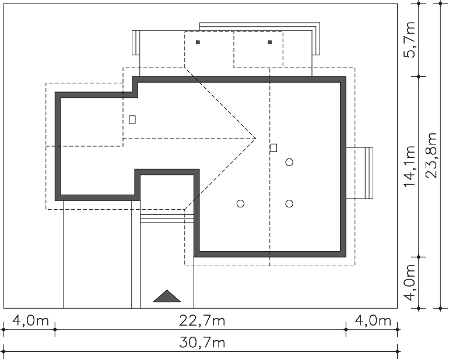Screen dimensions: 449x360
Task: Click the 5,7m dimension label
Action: pos(409,40)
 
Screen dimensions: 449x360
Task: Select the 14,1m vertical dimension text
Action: pos(409,166)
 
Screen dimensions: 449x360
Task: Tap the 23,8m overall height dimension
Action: pos(432,156)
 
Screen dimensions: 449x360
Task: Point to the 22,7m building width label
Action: pos(202,321)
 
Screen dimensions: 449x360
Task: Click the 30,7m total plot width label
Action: pos(202,343)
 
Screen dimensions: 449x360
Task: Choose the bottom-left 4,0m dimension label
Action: pos(31,321)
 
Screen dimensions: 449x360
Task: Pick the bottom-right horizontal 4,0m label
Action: pos(373,321)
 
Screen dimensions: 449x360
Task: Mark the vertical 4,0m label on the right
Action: pos(409,283)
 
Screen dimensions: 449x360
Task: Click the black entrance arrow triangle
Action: pos(167,296)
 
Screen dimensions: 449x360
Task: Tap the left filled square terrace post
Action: pos(198,43)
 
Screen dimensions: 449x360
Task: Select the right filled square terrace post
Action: pos(270,43)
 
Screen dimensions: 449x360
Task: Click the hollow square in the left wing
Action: pos(132,119)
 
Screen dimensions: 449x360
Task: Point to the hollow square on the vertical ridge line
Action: pos(273,148)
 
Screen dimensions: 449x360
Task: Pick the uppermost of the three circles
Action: pos(289,163)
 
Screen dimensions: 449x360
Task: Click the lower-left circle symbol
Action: pos(240,204)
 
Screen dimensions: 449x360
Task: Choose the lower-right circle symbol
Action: pos(289,204)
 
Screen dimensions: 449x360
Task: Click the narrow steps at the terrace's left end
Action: pos(136,43)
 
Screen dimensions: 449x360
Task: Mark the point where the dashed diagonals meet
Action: pos(255,139)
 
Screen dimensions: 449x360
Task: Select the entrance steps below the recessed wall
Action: pos(167,218)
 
